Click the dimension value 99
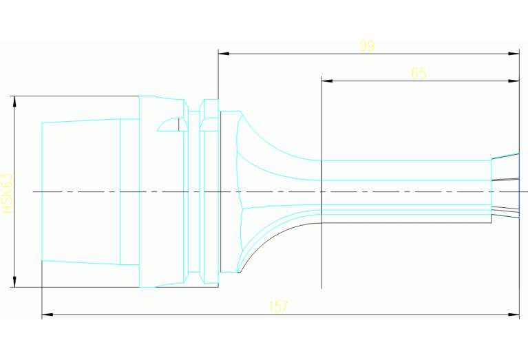[x=367, y=46]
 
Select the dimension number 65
[x=419, y=73]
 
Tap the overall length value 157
[x=279, y=307]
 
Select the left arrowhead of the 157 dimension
[x=47, y=315]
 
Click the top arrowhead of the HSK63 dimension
[x=14, y=100]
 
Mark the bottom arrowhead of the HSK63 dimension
[x=14, y=282]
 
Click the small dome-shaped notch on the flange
[x=168, y=124]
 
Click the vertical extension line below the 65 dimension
[x=322, y=255]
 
